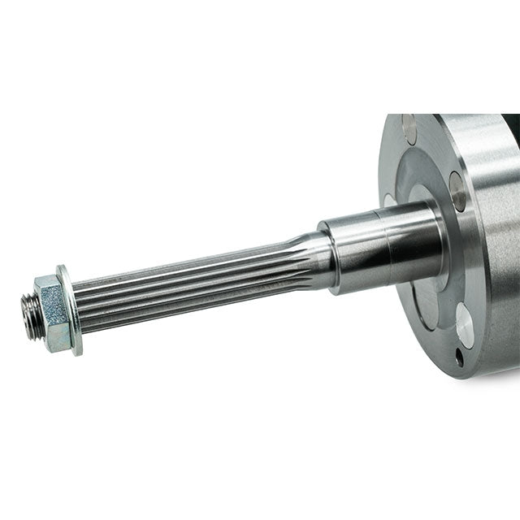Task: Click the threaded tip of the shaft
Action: (x=31, y=316)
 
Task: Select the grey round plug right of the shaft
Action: (x=457, y=192)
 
